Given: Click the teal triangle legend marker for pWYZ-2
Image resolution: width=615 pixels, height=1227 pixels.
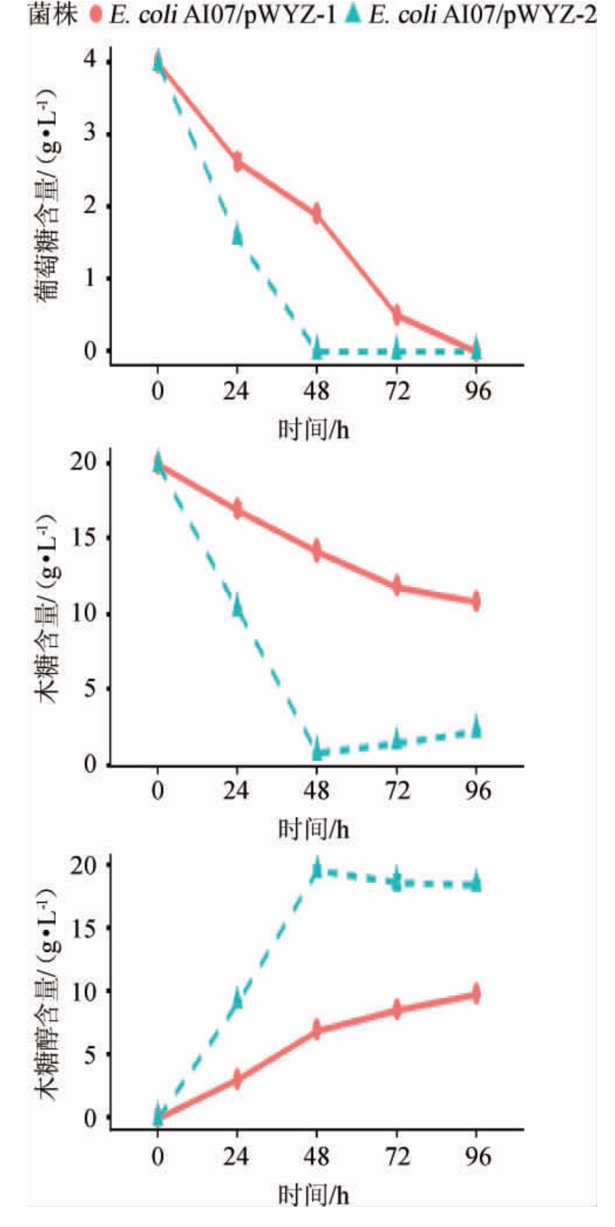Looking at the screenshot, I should point(356,14).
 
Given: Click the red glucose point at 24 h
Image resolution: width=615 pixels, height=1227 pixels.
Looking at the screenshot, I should point(237,161).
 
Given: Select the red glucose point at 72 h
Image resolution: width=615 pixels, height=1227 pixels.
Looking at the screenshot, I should point(397,315).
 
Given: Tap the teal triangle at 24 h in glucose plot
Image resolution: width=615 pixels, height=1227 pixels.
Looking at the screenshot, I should point(237,233).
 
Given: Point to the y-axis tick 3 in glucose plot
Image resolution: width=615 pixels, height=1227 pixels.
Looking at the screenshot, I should point(91,134).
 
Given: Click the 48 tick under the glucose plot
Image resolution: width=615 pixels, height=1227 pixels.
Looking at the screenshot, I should point(316,390).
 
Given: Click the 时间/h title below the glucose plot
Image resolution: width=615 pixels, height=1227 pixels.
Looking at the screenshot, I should point(313,429).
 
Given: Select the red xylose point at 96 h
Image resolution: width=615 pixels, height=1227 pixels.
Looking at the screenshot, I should point(476,601).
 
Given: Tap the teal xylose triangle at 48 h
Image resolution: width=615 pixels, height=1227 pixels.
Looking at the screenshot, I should point(316,749).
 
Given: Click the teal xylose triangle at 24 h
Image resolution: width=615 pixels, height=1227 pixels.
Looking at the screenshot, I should point(237,605).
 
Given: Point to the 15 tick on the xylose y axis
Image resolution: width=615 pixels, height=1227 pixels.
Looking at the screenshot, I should point(85,538).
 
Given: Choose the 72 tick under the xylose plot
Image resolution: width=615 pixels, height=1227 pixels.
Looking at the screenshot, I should point(397,791).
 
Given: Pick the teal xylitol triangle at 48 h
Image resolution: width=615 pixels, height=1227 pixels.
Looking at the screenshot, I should point(316,867).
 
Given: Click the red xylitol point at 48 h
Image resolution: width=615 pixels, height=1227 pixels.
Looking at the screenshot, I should point(316,1029).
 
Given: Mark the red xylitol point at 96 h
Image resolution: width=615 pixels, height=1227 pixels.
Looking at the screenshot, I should point(476,994).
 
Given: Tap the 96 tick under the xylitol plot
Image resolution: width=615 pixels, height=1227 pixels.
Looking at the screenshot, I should point(477,1157).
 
